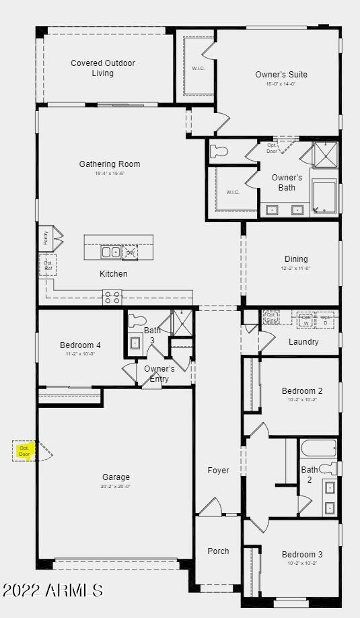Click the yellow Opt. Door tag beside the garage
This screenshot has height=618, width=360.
pyautogui.click(x=25, y=450)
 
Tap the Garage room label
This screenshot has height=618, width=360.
pyautogui.click(x=116, y=477)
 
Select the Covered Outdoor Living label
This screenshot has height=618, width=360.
pyautogui.click(x=103, y=68)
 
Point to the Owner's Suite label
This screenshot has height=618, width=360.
pyautogui.click(x=281, y=75)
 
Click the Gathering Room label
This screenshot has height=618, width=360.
pyautogui.click(x=110, y=164)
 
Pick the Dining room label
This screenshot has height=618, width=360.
pyautogui.click(x=296, y=259)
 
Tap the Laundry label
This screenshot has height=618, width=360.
pyautogui.click(x=303, y=342)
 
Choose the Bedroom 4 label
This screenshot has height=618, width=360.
pyautogui.click(x=80, y=345)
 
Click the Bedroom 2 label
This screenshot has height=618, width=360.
pyautogui.click(x=302, y=391)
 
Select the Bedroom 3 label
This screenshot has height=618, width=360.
pyautogui.click(x=302, y=555)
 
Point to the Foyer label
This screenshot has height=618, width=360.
pyautogui.click(x=218, y=471)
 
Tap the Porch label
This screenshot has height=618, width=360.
pyautogui.click(x=218, y=551)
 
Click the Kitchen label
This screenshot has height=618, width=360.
pyautogui.click(x=113, y=274)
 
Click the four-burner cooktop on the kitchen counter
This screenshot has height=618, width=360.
pyautogui.click(x=112, y=297)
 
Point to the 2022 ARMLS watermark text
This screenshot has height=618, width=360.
pyautogui.click(x=52, y=590)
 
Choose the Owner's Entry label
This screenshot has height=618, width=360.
pyautogui.click(x=159, y=374)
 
